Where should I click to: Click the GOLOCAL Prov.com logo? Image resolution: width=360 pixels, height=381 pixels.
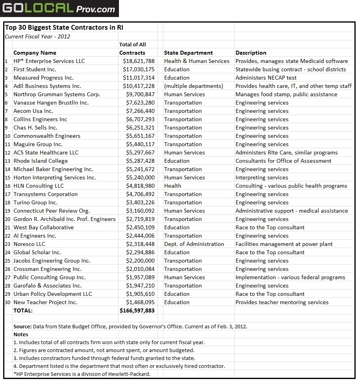[x=59, y=8]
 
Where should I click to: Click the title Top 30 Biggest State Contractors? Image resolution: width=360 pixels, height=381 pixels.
[x=67, y=28]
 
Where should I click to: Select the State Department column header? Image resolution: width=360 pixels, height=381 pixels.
[x=188, y=53]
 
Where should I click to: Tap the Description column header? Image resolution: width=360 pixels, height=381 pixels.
[x=251, y=53]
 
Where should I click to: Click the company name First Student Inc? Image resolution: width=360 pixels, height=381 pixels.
[x=35, y=69]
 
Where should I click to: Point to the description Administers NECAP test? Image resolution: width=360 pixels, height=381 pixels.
[x=266, y=78]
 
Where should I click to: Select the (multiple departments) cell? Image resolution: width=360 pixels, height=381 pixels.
[x=193, y=86]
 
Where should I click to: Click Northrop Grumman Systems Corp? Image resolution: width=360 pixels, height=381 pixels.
[x=57, y=94]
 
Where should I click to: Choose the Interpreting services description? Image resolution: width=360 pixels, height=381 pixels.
[x=262, y=177]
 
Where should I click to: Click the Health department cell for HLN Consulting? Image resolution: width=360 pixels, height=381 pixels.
[x=172, y=186]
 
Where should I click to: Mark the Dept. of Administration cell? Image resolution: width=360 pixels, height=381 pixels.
[x=194, y=244]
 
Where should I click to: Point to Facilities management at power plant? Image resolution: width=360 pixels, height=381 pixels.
[x=284, y=244]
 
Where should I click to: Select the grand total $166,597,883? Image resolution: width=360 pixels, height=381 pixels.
[x=137, y=311]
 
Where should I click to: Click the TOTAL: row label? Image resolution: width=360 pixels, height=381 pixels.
[x=23, y=311]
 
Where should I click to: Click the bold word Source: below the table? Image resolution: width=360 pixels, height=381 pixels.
[x=22, y=326]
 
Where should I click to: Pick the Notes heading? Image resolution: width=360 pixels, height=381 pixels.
[x=21, y=334]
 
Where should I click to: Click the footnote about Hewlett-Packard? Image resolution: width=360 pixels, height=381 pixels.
[x=82, y=374]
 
